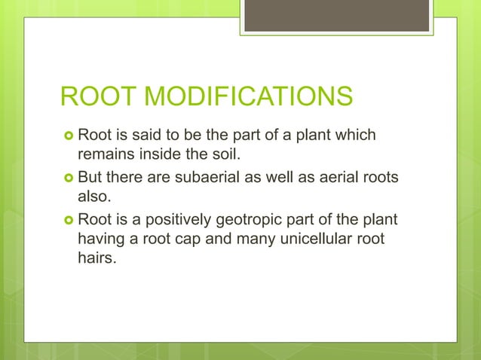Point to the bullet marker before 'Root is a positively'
click(66, 221)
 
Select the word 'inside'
click(153, 156)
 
